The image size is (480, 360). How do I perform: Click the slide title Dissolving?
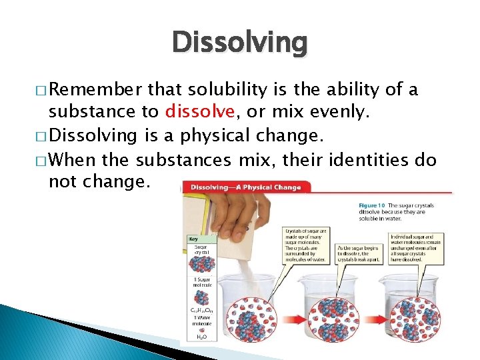[x=240, y=43]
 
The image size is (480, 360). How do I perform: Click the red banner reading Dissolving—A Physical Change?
[x=246, y=187]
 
